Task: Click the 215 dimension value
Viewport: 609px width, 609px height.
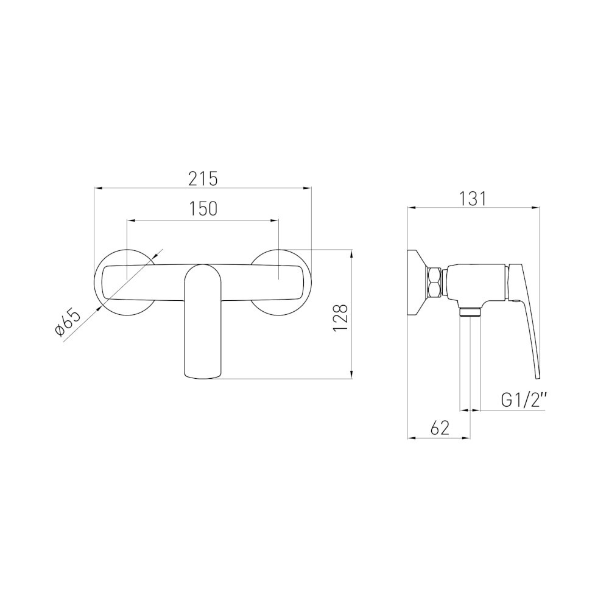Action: [x=203, y=179]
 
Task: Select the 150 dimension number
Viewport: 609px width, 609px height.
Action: [x=203, y=209]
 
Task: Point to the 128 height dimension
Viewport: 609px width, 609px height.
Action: [x=340, y=318]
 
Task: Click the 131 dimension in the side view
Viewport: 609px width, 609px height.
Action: [x=473, y=199]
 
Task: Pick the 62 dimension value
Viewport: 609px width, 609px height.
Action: [x=440, y=428]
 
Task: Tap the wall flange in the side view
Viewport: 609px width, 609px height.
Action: [x=417, y=282]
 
